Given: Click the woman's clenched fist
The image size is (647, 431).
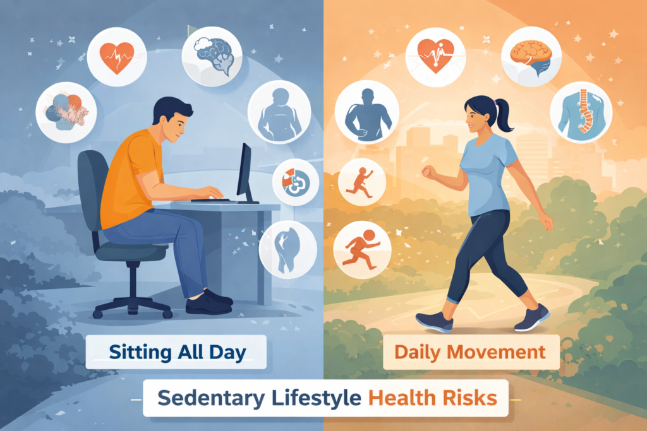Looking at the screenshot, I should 428,172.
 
